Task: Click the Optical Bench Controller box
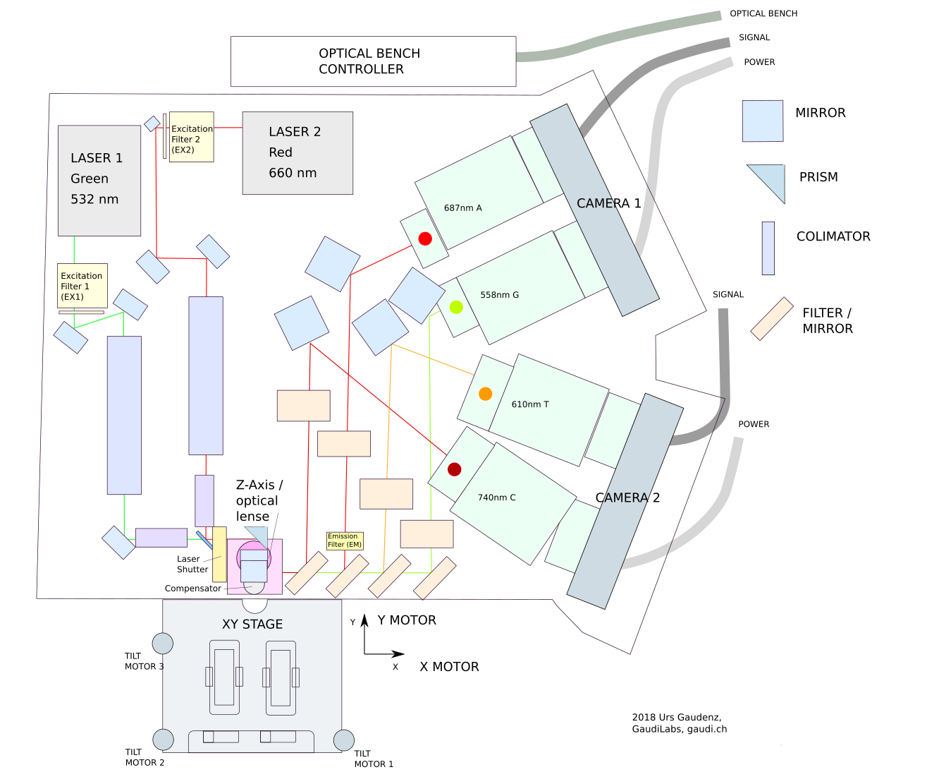click(373, 61)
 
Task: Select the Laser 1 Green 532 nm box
click(99, 181)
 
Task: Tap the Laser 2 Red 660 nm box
click(297, 152)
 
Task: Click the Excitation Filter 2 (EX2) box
click(192, 137)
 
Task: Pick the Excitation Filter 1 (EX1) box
click(82, 286)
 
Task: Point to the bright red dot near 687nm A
click(425, 239)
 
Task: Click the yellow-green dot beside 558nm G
click(456, 307)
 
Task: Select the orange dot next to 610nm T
click(485, 394)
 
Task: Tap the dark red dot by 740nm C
click(455, 469)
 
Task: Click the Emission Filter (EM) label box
click(345, 541)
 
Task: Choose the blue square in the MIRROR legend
click(762, 121)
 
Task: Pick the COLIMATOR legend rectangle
click(768, 248)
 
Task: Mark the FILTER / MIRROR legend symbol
click(772, 319)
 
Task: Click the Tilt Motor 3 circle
click(163, 644)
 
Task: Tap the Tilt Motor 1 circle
click(344, 740)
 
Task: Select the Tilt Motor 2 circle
click(164, 740)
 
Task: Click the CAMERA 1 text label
click(608, 203)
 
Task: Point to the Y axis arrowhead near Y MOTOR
click(364, 620)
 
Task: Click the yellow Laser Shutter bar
click(219, 554)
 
